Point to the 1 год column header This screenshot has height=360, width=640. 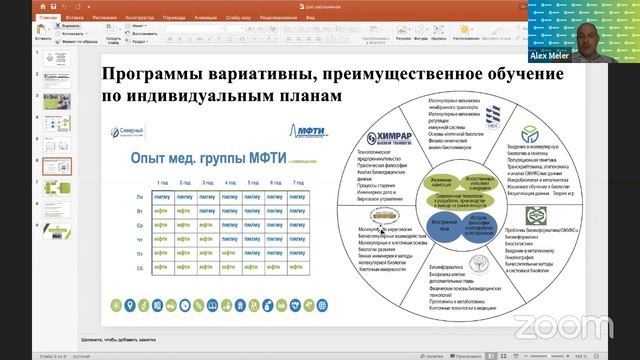[162, 183]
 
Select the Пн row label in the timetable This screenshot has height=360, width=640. [139, 198]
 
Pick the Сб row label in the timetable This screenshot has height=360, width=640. [139, 268]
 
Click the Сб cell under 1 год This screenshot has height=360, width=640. [162, 268]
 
